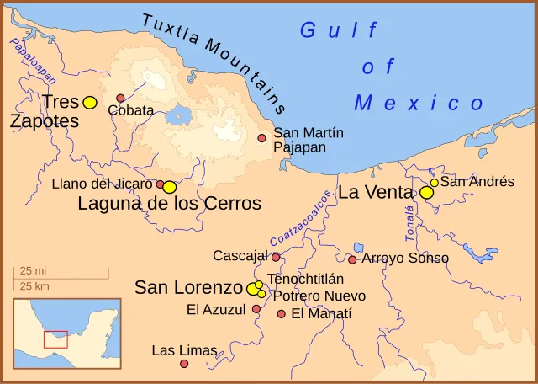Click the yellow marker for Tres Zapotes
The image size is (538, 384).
pyautogui.click(x=90, y=102)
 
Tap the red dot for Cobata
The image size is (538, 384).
pyautogui.click(x=120, y=99)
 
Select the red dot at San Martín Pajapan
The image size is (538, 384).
pyautogui.click(x=262, y=138)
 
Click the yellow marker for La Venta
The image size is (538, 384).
pyautogui.click(x=427, y=193)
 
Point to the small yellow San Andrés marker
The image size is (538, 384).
pyautogui.click(x=435, y=182)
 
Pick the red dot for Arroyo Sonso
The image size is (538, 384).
pyautogui.click(x=352, y=259)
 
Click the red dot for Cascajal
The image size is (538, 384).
pyautogui.click(x=276, y=257)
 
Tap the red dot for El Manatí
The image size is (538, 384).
pyautogui.click(x=282, y=314)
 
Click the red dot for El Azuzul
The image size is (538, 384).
pyautogui.click(x=256, y=309)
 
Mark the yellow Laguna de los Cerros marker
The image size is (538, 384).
pyautogui.click(x=170, y=187)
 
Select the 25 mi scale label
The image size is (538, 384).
pyautogui.click(x=33, y=271)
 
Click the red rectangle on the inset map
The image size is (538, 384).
pyautogui.click(x=55, y=339)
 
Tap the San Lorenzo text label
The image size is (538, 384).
pyautogui.click(x=189, y=288)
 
